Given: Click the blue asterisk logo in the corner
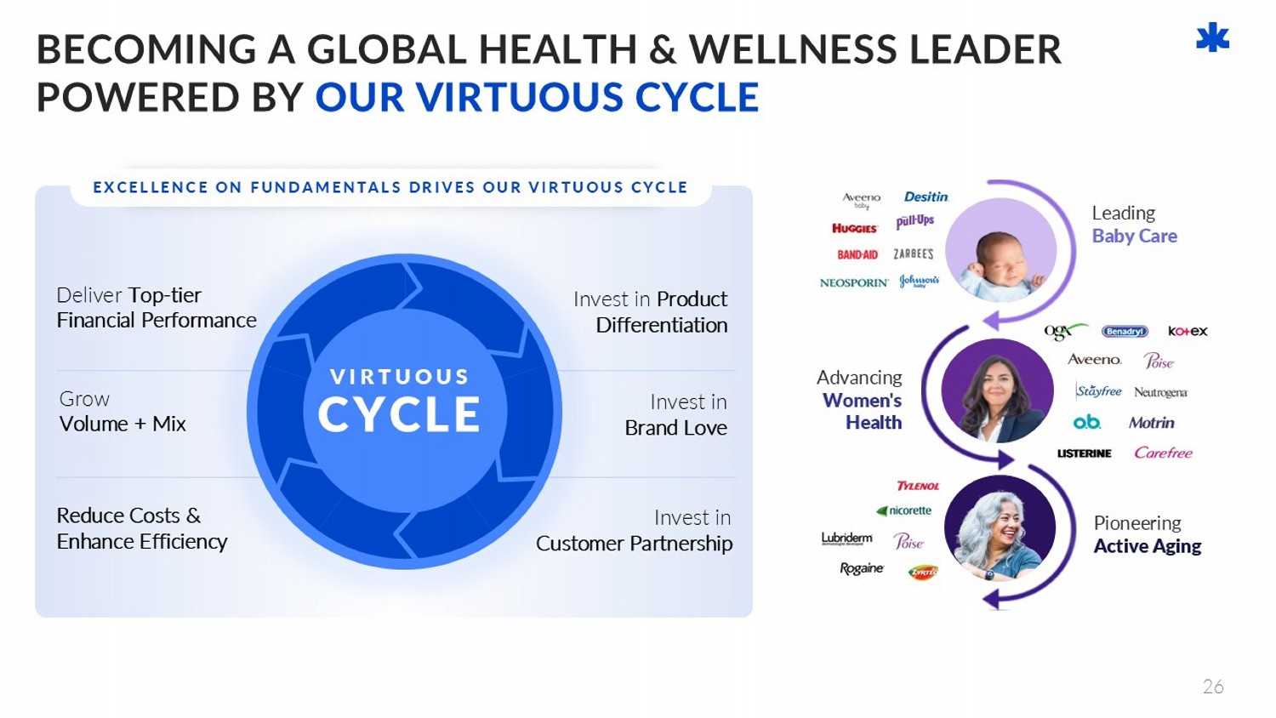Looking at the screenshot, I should tap(1212, 38).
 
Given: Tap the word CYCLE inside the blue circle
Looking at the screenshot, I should tap(399, 414).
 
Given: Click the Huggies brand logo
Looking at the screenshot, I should tap(854, 228).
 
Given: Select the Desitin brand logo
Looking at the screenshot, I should tap(926, 197).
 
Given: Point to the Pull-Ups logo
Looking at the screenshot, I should tap(914, 221).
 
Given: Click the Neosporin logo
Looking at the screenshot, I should tap(853, 282).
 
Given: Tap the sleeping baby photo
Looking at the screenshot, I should tap(1001, 250).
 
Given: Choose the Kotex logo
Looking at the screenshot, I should tap(1188, 331).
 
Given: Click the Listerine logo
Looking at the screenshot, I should tap(1084, 453).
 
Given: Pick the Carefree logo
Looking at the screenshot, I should tap(1163, 453).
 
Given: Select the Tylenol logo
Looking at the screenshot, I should tap(918, 486).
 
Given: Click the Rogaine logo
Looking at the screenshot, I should tap(862, 568).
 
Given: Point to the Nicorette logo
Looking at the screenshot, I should tap(904, 510).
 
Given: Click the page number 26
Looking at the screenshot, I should tap(1213, 687).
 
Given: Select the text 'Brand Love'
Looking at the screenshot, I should tap(675, 428).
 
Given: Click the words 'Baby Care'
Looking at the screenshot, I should tap(1134, 236).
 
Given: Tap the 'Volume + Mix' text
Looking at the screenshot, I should tap(122, 424).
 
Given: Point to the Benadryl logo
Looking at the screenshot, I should tap(1125, 331).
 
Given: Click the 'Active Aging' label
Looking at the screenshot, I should tap(1147, 546).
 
